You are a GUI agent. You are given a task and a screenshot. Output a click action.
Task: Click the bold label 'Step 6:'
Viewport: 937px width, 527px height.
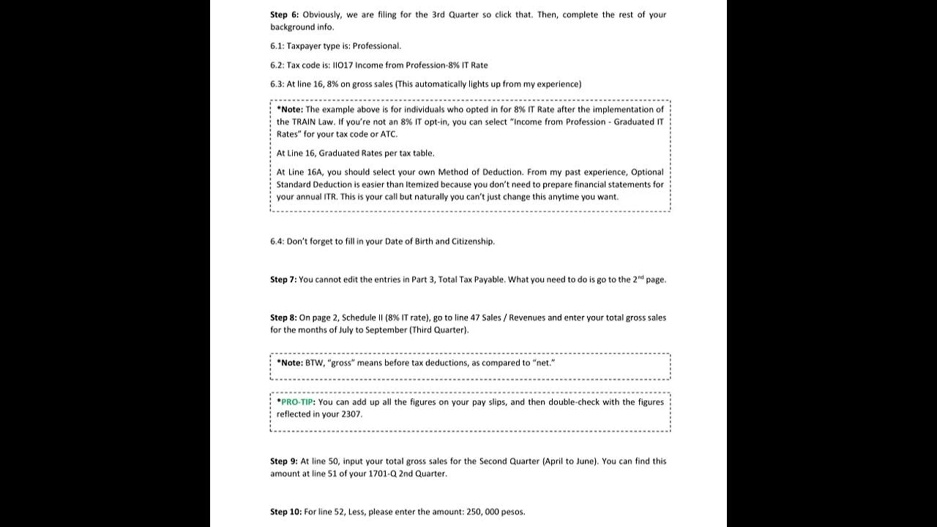coord(284,15)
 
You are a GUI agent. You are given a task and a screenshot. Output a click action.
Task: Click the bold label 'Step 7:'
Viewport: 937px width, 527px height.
coord(283,280)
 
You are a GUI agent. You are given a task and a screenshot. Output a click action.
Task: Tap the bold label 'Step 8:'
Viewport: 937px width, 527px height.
coord(283,318)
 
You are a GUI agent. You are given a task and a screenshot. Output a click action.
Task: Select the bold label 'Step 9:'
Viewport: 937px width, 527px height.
coord(283,461)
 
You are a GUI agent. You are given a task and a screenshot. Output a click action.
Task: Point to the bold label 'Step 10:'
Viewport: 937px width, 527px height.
coord(285,512)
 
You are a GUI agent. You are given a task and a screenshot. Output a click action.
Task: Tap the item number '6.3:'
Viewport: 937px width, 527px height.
coord(277,84)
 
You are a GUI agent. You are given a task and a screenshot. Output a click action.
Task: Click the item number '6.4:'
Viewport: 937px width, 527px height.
coord(277,242)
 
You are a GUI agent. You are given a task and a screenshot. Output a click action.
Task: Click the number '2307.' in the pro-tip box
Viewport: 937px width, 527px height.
coord(351,414)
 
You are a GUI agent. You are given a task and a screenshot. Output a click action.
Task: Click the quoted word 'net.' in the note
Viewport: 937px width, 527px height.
coord(544,363)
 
